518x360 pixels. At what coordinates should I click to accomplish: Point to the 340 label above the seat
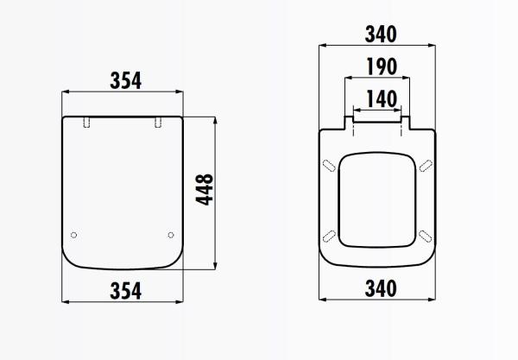click(x=379, y=34)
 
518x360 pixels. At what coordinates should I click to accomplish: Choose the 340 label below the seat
click(x=379, y=289)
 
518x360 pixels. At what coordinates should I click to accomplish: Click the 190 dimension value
click(x=379, y=66)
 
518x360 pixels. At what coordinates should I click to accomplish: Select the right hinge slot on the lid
click(x=157, y=123)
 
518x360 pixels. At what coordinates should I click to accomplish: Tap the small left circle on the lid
click(x=73, y=235)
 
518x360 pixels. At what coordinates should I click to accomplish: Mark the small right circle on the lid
click(x=170, y=235)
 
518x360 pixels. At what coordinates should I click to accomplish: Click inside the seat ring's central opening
click(x=377, y=199)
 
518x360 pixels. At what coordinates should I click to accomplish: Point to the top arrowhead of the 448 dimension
click(x=213, y=118)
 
